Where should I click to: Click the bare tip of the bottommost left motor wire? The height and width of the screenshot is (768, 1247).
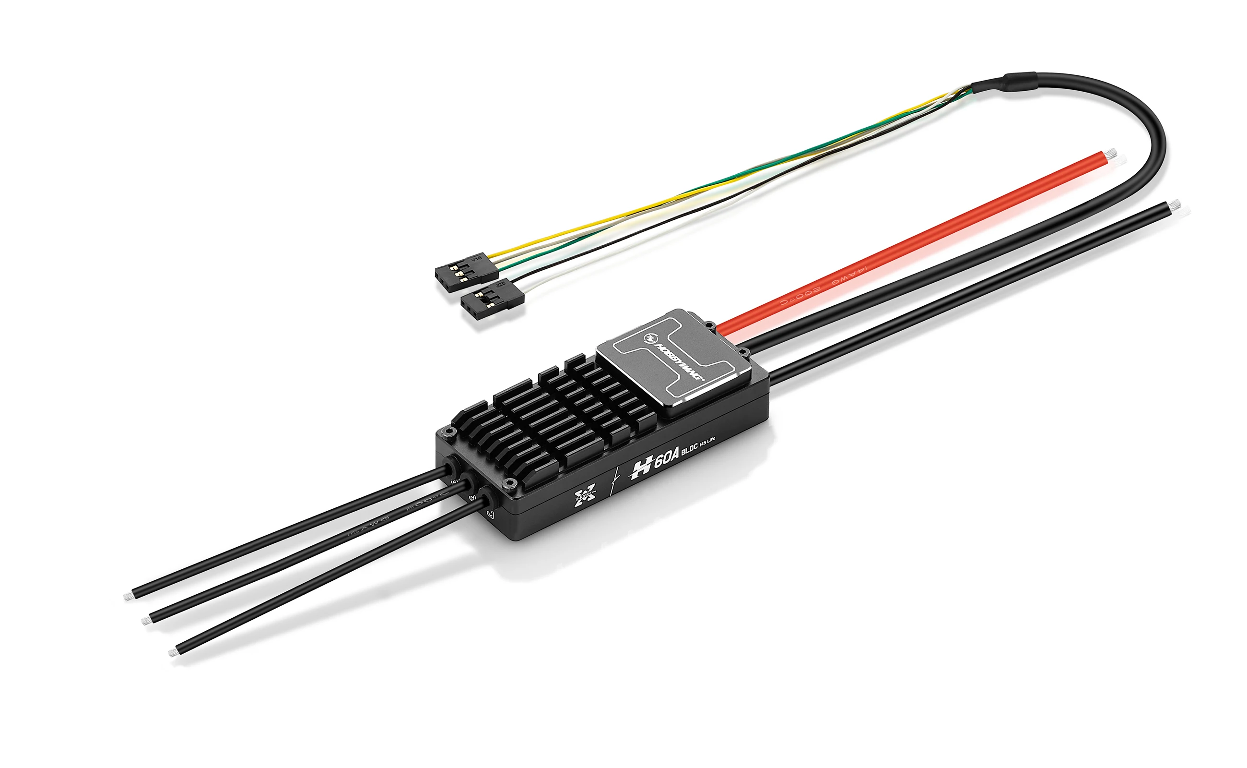[172, 652]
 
